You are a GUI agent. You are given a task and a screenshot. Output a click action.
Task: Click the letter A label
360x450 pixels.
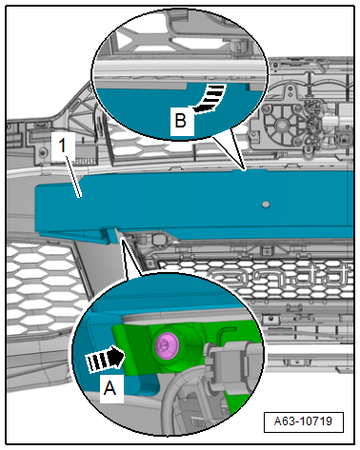coord(110,388)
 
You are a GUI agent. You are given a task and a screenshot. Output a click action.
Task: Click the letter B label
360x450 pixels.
coord(181,121)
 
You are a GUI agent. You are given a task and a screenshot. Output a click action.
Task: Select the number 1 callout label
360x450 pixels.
coord(63,147)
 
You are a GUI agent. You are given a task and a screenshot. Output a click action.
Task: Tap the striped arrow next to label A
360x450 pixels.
coord(105,359)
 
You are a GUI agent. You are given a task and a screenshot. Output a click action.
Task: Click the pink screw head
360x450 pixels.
coord(167,345)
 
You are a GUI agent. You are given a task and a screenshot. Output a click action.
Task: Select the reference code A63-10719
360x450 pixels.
coord(303,421)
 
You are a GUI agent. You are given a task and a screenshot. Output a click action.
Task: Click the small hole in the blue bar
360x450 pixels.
coord(266,205)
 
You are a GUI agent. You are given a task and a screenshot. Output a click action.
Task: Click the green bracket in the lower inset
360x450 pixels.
coord(140,350)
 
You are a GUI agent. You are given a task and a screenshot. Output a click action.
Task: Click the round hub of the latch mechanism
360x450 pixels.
coord(281,124)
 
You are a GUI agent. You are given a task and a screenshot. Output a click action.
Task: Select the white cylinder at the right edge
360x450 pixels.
coord(338,121)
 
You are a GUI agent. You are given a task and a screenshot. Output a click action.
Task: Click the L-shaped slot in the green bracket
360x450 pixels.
coord(226,334)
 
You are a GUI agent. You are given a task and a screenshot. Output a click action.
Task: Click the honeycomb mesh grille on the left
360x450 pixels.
coord(41,285)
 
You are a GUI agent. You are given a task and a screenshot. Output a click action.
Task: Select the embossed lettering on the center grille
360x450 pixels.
coord(279,275)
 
